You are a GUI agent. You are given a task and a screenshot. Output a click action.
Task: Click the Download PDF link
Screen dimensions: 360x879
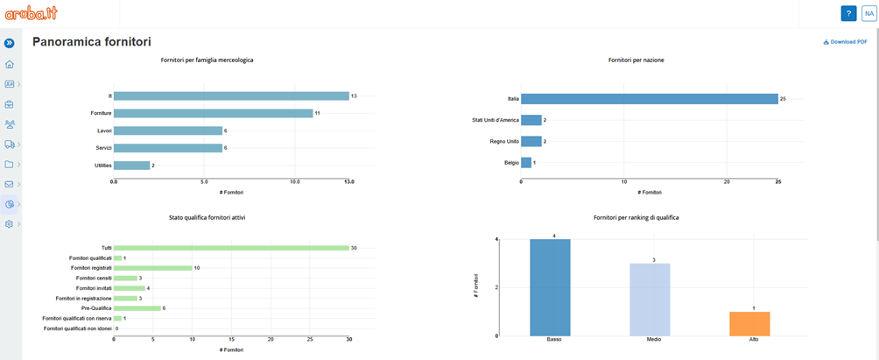[845, 42]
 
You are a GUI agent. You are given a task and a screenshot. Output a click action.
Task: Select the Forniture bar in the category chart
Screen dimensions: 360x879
[213, 113]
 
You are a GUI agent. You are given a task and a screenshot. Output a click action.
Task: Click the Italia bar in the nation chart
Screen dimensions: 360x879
[649, 99]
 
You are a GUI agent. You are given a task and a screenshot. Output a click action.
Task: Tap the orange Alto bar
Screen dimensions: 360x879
[749, 323]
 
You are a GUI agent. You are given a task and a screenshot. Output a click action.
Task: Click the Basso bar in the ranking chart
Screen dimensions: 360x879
[549, 286]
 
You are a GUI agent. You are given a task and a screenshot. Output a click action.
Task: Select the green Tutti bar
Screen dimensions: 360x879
[230, 248]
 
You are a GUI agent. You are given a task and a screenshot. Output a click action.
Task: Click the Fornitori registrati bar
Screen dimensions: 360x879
[152, 268]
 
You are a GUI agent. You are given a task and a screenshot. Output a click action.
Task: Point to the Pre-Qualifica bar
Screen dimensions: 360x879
[137, 308]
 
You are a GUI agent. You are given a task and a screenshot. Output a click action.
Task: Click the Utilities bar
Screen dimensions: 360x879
[131, 166]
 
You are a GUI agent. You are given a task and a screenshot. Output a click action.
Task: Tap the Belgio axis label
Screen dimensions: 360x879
[510, 162]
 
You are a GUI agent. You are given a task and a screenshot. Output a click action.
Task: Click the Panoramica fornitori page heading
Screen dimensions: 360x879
[91, 42]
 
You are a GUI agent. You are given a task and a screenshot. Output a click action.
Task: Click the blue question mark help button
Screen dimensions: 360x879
[848, 13]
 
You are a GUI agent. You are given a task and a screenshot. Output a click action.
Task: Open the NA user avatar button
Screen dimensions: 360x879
[868, 13]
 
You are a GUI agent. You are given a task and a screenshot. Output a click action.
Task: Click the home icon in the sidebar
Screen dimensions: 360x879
[10, 64]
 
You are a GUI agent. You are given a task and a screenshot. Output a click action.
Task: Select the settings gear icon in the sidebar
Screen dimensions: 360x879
[10, 224]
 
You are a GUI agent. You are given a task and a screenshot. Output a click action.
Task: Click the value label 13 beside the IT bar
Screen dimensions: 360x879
[354, 95]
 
